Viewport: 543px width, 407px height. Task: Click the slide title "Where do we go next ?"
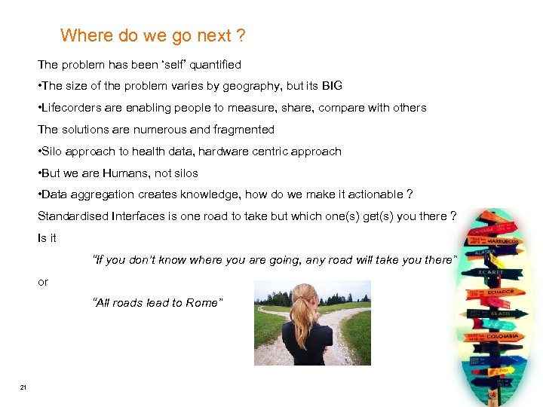pos(152,35)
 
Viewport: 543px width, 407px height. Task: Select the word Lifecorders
pos(74,108)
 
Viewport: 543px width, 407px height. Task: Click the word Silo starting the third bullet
pos(54,151)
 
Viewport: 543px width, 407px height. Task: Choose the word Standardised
pos(73,217)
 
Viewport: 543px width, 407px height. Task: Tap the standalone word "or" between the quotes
pos(43,282)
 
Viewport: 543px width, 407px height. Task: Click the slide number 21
pos(23,387)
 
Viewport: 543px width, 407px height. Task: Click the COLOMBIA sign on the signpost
pos(498,337)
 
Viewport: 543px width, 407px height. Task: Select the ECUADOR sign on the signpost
pos(499,292)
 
